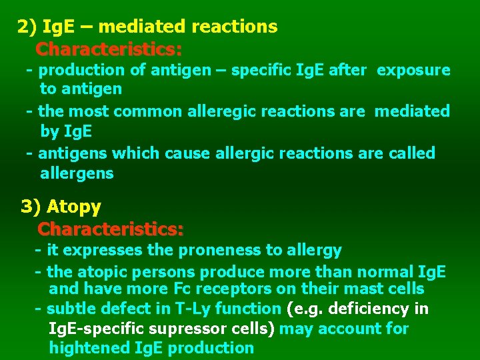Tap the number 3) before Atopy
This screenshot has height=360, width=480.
click(31, 207)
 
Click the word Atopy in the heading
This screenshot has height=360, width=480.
click(73, 207)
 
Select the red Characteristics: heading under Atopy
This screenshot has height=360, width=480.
click(111, 229)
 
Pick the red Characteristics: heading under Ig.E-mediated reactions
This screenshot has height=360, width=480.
click(109, 49)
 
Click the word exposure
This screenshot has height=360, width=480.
click(413, 70)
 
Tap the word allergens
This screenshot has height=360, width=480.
click(77, 174)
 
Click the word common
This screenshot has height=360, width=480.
click(154, 111)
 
